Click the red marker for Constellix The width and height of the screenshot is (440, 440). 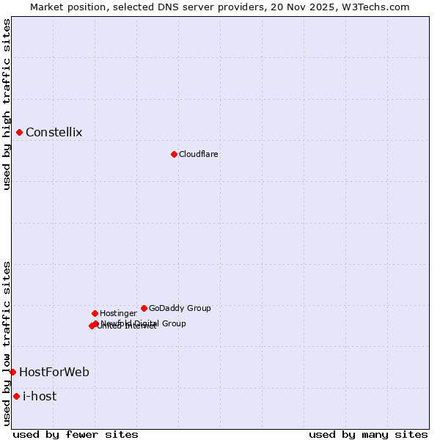[20, 133]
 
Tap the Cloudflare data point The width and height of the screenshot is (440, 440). [174, 154]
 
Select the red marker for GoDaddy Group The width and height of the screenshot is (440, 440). [144, 308]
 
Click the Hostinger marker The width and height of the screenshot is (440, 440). [95, 313]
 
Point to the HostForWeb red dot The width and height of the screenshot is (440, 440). [12, 373]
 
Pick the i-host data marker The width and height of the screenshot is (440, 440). [16, 397]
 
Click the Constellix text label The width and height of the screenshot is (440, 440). [54, 133]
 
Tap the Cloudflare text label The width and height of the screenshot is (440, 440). [198, 155]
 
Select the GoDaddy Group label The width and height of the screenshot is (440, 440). [180, 309]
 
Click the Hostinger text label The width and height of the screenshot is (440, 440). [118, 314]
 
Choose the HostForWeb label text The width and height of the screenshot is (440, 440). [54, 373]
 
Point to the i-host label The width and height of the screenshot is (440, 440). [40, 397]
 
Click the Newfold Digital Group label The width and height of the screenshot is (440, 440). [144, 323]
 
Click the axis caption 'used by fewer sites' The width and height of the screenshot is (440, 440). [76, 434]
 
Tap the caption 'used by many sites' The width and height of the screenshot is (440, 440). [367, 434]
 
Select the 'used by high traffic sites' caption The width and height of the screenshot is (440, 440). [7, 104]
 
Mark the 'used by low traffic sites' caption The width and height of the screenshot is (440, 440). [7, 342]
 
